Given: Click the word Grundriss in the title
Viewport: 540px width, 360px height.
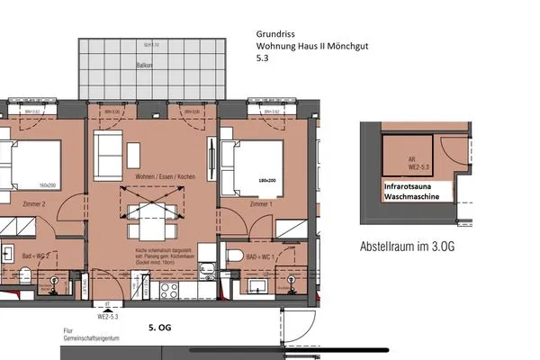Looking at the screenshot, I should [276, 37].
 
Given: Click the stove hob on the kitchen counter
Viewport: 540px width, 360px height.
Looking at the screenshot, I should [168, 289].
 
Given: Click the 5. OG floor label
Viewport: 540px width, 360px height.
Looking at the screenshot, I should [159, 329].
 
